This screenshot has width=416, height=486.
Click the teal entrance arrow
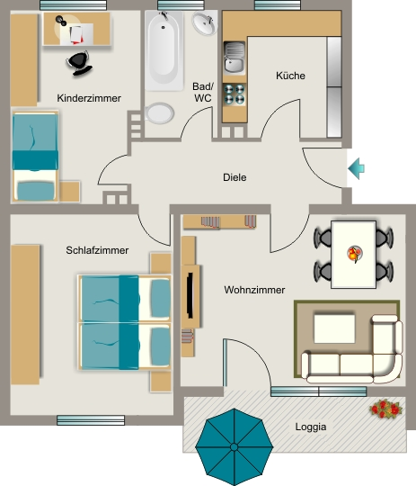[x=357, y=168]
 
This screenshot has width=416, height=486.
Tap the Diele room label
[x=235, y=177]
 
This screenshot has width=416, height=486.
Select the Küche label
[x=290, y=76]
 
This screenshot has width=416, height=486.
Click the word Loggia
[x=311, y=427]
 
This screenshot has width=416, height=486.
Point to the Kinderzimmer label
[x=89, y=98]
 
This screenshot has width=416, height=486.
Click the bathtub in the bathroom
[x=164, y=50]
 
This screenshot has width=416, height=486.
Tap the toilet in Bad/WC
[x=158, y=112]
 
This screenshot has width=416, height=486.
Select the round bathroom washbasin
[x=204, y=22]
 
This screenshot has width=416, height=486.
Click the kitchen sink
[x=235, y=58]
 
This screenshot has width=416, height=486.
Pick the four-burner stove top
[x=235, y=94]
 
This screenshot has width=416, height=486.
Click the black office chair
[x=79, y=63]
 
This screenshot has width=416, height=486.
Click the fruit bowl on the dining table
[x=354, y=254]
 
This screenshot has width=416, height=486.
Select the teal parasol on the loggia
[x=235, y=446]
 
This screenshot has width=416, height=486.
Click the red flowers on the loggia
[x=385, y=409]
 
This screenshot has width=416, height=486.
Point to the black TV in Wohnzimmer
[x=190, y=295]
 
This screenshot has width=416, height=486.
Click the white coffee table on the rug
[x=334, y=328]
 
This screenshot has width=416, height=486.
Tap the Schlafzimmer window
[x=91, y=420]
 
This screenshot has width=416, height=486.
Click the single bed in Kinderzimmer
[x=35, y=157]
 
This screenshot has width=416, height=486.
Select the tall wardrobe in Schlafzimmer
[x=25, y=315]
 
